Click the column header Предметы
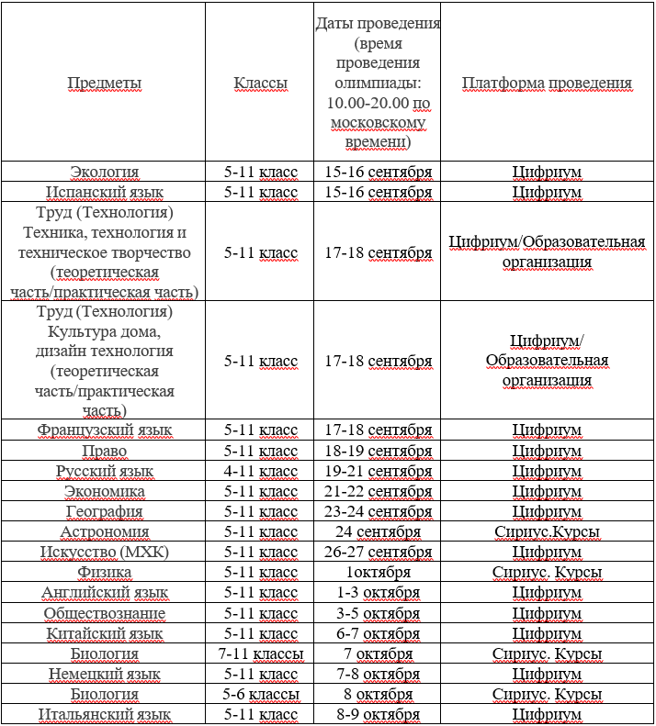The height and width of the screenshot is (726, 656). [x=105, y=84]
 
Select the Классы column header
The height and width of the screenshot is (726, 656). [x=260, y=84]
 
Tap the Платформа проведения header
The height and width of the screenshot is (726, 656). [x=547, y=84]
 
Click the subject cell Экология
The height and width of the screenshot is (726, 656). [x=105, y=172]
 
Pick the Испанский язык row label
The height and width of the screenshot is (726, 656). [x=105, y=193]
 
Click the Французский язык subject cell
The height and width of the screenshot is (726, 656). [x=105, y=430]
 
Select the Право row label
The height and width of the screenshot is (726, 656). [x=105, y=452]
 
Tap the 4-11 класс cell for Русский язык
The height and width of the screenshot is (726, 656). [x=261, y=472]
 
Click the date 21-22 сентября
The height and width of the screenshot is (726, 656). [x=378, y=492]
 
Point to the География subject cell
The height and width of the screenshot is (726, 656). [x=105, y=512]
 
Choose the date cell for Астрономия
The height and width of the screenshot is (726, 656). [x=378, y=532]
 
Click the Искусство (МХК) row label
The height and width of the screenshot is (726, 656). [x=105, y=553]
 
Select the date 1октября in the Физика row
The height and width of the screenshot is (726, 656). [x=378, y=573]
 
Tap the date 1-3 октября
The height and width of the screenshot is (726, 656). [x=378, y=593]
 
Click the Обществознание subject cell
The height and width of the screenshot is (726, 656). [x=105, y=613]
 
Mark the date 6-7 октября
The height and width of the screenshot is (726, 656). [x=378, y=633]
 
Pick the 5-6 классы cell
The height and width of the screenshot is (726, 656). [x=261, y=695]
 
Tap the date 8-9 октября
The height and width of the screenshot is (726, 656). [x=378, y=715]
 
